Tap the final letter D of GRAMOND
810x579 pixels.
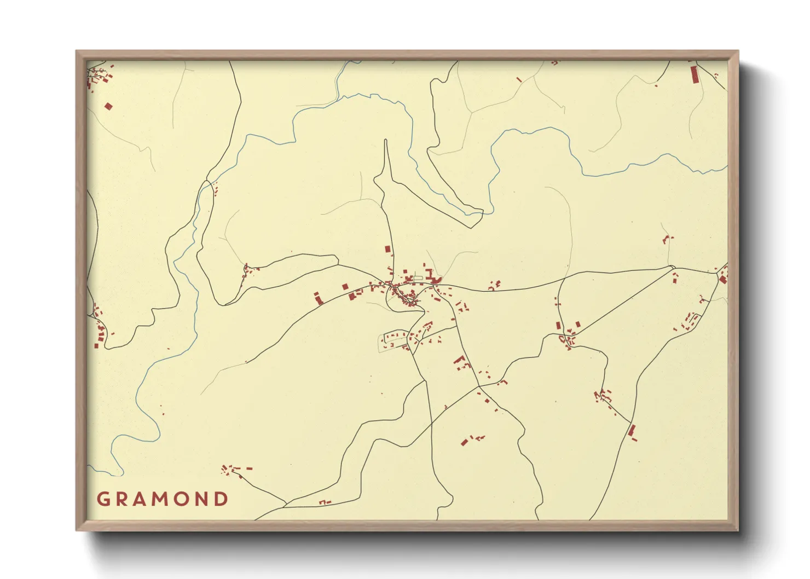[221, 499]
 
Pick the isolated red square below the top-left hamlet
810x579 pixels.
[108, 106]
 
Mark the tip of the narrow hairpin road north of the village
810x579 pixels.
[386, 141]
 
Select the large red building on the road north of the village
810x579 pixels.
[388, 249]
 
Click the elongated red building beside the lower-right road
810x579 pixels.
[632, 431]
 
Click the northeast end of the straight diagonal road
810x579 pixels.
[672, 267]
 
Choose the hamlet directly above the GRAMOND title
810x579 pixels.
[235, 470]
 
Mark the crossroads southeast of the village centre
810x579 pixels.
[478, 387]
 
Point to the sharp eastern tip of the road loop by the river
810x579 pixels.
[482, 211]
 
